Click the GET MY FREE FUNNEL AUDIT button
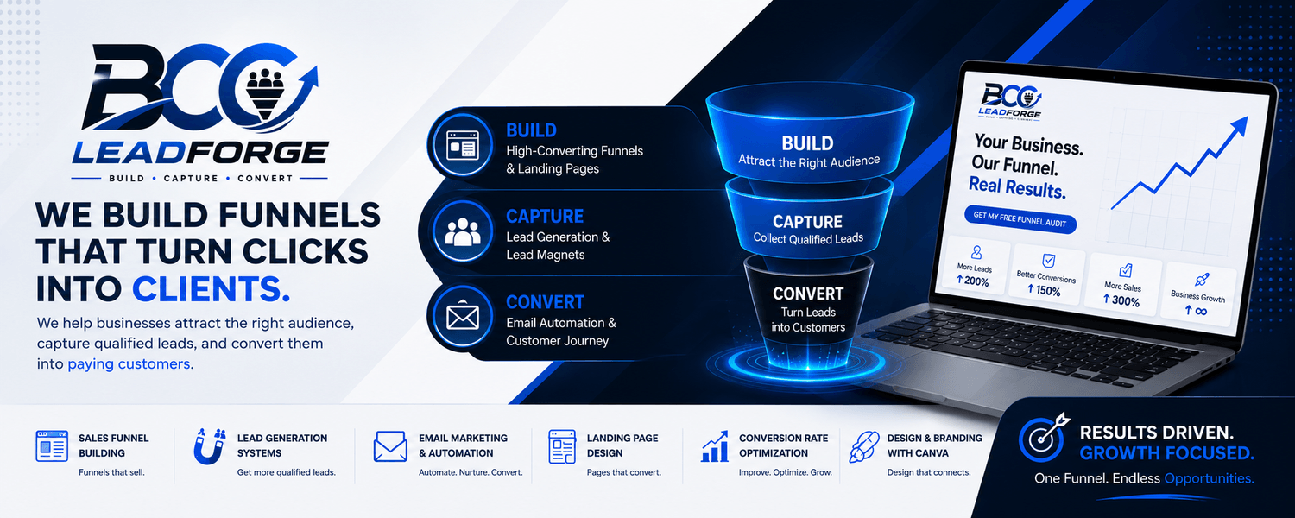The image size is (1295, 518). click(1020, 219)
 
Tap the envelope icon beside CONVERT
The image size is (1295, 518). click(463, 317)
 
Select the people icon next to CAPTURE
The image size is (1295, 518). click(463, 231)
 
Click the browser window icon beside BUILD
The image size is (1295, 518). click(463, 145)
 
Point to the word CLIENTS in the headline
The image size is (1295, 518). click(211, 289)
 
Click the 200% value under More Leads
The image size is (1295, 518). click(972, 281)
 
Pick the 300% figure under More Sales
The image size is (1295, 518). click(1121, 300)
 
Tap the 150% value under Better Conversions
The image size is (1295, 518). click(1044, 290)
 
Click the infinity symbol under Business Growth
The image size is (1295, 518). click(1196, 311)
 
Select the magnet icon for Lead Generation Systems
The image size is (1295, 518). click(210, 446)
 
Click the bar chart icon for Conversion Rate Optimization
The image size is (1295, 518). click(715, 446)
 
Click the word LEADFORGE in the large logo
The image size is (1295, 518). click(200, 153)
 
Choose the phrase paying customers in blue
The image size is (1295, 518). click(129, 364)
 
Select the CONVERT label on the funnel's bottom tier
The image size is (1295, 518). click(807, 294)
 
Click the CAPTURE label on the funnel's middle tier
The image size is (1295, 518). click(807, 221)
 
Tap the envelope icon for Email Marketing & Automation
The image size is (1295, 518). click(390, 446)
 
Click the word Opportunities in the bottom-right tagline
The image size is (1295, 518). click(1209, 478)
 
